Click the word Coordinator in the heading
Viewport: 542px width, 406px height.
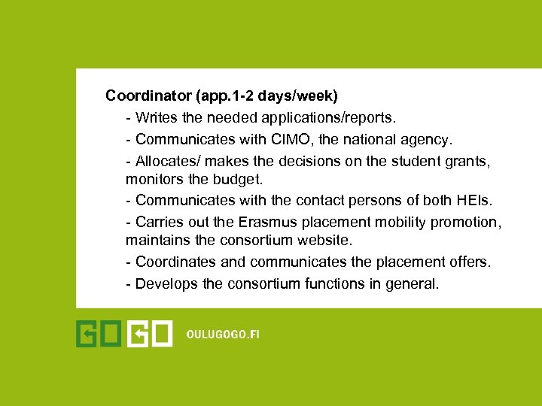tap(148, 96)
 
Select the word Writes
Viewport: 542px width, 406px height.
tap(157, 118)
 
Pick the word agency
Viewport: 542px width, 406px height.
tap(429, 139)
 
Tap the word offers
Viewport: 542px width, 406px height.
tap(469, 262)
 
